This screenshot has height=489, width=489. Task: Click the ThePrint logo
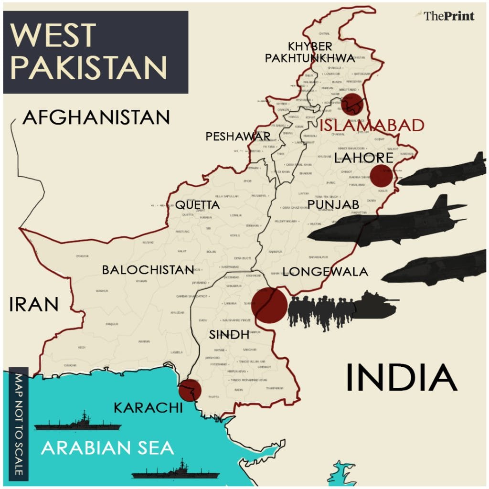point(449,16)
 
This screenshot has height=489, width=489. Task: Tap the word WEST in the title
point(53,34)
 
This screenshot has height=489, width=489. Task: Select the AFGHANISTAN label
point(96,117)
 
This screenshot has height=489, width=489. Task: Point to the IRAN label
point(33,304)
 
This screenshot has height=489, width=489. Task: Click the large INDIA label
point(401,377)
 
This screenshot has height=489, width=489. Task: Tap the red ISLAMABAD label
point(372,125)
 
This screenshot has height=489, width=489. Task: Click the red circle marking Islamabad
point(352,105)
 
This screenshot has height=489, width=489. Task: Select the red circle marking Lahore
point(382,176)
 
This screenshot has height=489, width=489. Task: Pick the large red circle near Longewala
point(269,306)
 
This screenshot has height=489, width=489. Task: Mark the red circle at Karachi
point(190,390)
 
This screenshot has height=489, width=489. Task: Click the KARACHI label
point(148,408)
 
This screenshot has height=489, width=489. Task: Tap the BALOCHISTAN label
point(148,270)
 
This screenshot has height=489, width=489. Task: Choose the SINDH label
point(229,335)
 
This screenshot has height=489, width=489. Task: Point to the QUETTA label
point(197,205)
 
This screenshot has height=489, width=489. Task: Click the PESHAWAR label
point(238,137)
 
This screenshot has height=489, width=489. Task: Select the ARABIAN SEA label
point(107,448)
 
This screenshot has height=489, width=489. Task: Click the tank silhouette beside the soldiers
point(376,305)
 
